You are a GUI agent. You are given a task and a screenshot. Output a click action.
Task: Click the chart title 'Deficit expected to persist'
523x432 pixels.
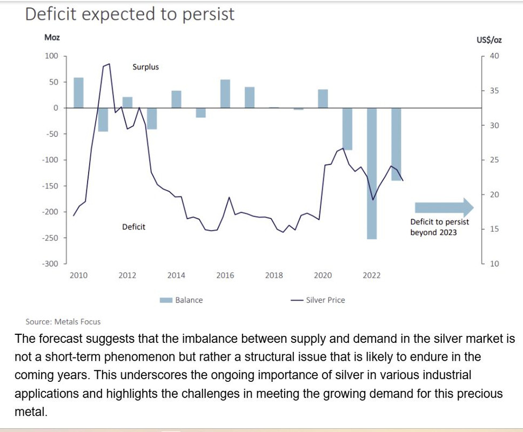[130, 14]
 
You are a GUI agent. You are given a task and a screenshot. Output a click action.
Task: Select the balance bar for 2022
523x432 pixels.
[372, 173]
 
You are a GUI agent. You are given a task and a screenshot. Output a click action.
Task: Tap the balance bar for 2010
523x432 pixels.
[78, 93]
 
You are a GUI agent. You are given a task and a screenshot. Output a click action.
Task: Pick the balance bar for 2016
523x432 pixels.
[225, 94]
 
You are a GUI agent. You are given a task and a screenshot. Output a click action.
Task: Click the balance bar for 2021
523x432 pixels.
[347, 129]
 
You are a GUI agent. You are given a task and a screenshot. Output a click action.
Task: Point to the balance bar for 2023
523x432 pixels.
[396, 144]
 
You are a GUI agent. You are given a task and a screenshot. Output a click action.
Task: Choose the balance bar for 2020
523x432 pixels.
[323, 99]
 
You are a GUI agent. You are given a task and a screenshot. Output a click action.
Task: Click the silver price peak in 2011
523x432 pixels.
[109, 64]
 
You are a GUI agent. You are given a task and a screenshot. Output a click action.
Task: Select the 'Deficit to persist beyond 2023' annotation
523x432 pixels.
[440, 227]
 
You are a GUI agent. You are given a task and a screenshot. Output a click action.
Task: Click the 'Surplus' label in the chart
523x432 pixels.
[146, 67]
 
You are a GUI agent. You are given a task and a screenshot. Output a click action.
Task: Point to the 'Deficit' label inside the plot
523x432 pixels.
[133, 227]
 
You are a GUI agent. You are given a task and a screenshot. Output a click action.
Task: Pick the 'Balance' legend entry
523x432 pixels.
[182, 300]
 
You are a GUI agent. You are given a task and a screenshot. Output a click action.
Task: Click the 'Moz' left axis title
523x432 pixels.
[52, 37]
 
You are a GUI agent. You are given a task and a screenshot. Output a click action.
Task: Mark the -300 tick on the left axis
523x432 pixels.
[50, 264]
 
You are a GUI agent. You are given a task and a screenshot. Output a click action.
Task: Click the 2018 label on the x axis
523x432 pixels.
[274, 275]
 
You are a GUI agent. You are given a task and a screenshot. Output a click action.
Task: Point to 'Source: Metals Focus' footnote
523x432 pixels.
[63, 322]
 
